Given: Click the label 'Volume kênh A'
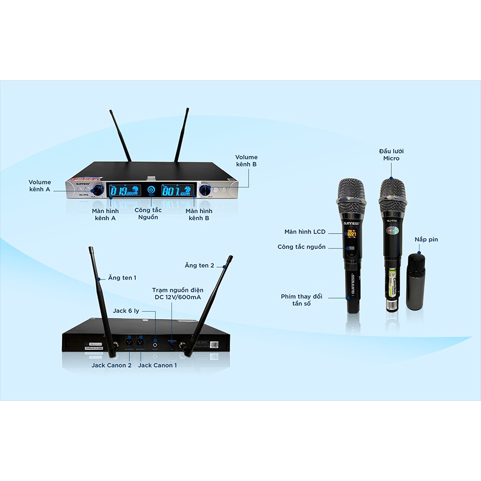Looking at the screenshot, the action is [40, 186].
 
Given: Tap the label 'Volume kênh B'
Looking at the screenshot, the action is [246, 161].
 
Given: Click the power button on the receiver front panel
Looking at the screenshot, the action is [151, 190].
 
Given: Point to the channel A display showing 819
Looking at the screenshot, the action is [124, 190].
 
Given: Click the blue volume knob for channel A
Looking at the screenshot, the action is [98, 191].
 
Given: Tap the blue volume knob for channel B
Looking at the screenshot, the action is [205, 190].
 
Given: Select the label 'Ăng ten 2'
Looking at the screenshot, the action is [199, 266].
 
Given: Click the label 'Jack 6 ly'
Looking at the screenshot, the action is [127, 311].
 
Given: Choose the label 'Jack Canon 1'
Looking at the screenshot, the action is [157, 365].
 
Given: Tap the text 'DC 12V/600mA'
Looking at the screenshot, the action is [175, 298].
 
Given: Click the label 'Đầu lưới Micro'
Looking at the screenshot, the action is [391, 155].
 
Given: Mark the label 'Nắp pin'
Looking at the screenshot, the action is [426, 239].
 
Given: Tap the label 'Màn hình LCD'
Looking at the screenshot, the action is [305, 232].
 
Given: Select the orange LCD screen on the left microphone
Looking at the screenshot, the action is [352, 233].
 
